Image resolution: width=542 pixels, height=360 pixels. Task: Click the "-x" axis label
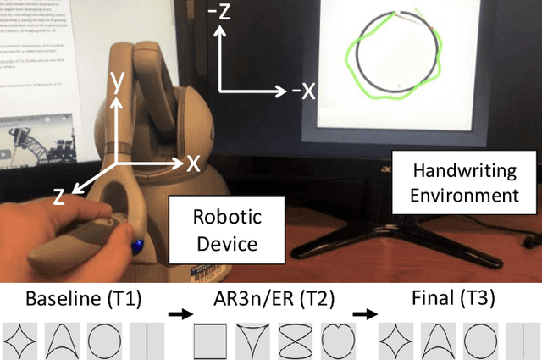[302, 90]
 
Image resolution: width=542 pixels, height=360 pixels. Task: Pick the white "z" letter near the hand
[59, 197]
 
